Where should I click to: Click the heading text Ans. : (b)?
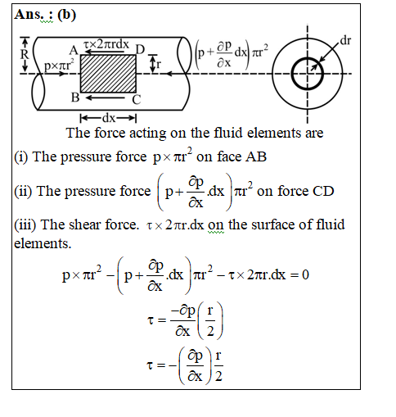[x=45, y=15]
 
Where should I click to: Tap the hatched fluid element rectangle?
[x=108, y=74]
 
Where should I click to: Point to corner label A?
[x=74, y=50]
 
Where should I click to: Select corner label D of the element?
[x=140, y=50]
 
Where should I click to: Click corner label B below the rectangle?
[x=75, y=97]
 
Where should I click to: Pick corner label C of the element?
[x=137, y=100]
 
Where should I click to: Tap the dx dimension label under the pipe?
[x=109, y=118]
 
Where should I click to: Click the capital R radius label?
[x=25, y=54]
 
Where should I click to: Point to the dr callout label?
[x=345, y=40]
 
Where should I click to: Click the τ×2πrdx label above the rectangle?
[x=106, y=44]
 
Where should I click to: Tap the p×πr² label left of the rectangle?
[x=59, y=65]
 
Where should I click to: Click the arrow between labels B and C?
[x=106, y=97]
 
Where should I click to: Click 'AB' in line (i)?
[x=256, y=156]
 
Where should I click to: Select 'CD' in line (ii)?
[x=323, y=191]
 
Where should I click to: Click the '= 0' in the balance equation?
[x=299, y=274]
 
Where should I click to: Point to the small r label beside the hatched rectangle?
[x=159, y=65]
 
